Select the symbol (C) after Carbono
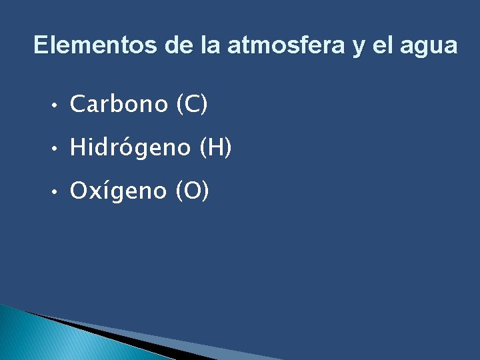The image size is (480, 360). point(193,104)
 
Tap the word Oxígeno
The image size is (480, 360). point(119,191)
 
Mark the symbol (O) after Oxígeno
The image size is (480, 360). point(192,191)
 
